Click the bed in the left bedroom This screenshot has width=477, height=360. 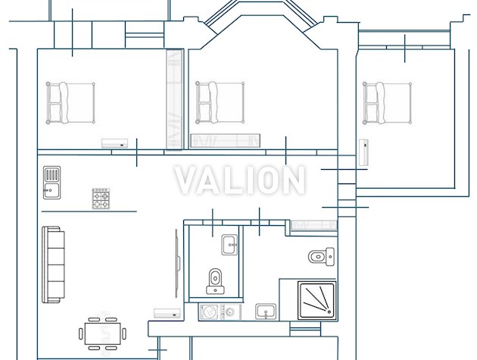(x=70, y=103)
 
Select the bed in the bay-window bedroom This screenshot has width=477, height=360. (x=220, y=102)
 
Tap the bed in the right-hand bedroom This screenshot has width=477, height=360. (x=387, y=102)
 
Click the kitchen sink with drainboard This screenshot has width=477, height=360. (x=51, y=183)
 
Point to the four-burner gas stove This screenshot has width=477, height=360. (x=101, y=199)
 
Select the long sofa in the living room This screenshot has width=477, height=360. (x=53, y=265)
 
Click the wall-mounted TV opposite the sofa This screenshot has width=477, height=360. (x=177, y=264)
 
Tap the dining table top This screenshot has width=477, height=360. (x=102, y=333)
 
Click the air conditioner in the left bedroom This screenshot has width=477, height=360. (x=114, y=143)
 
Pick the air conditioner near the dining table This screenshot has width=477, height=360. (x=167, y=313)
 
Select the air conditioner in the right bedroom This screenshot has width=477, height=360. (x=364, y=152)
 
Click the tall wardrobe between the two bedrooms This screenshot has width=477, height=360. (x=174, y=99)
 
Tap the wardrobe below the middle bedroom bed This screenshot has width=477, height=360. (x=225, y=141)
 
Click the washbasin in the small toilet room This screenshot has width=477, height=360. (x=229, y=245)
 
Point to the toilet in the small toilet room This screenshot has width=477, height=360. (x=215, y=281)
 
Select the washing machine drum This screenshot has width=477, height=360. (x=209, y=312)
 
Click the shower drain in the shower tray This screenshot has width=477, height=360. (x=329, y=311)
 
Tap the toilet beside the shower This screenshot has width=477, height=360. (x=321, y=256)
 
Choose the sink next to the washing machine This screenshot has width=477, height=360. (x=266, y=311)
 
